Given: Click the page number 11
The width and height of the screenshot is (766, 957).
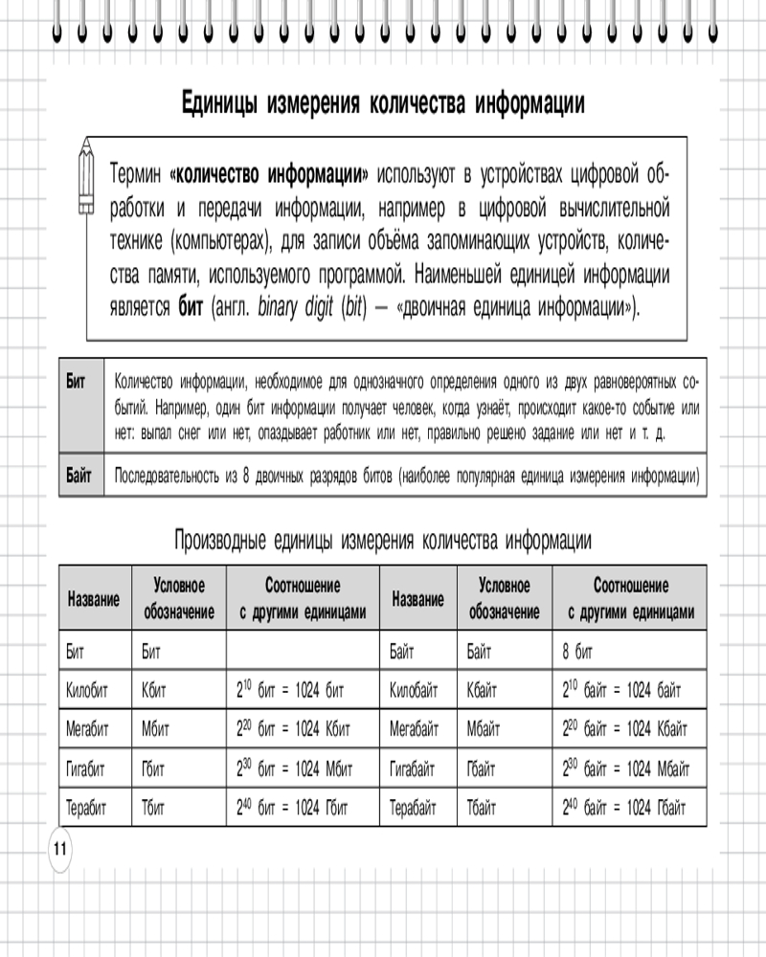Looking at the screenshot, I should pos(58,849).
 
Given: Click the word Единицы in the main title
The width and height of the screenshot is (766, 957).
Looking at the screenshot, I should pos(220,104).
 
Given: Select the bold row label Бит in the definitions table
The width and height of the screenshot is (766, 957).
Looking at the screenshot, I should pos(76,381).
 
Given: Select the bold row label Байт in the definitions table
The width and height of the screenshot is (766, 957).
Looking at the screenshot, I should pos(79,476).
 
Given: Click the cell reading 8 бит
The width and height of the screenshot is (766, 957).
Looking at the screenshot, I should pos(578,653).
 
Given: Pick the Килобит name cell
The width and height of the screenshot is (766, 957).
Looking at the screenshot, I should pos(89,687).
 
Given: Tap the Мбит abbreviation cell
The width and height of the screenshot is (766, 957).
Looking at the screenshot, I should pos(159,728).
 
